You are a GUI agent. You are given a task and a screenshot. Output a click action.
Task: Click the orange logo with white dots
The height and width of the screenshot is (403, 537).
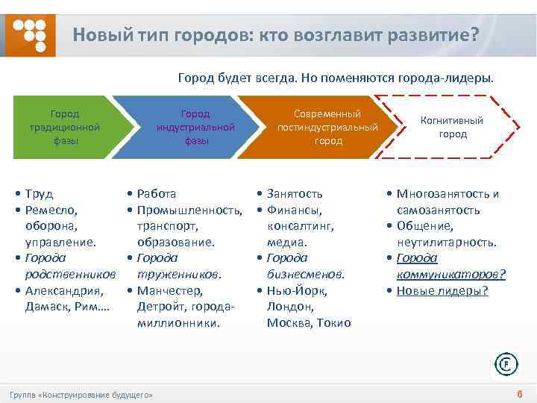tap(31, 34)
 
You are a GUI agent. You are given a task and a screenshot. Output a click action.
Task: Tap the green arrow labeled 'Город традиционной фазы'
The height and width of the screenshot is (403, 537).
tap(64, 128)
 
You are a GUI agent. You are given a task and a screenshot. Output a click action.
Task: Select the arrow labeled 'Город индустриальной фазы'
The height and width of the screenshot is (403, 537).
tap(195, 128)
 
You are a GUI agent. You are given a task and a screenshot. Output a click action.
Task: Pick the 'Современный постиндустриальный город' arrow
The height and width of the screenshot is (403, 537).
tap(327, 128)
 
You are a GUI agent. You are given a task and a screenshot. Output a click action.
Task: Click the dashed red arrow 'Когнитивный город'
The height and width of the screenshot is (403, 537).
tap(452, 128)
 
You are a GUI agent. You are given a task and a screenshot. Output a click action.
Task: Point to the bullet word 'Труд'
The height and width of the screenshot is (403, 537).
tap(39, 193)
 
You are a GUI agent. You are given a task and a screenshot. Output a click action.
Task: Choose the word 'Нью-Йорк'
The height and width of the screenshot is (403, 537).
tap(297, 290)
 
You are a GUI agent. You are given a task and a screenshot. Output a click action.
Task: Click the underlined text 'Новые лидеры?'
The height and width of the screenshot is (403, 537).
tap(442, 290)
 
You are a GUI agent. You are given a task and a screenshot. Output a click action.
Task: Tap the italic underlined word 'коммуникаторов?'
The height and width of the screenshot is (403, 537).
tap(450, 274)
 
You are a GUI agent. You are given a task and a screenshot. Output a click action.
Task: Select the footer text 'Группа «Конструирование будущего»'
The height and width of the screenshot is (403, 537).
tap(81, 394)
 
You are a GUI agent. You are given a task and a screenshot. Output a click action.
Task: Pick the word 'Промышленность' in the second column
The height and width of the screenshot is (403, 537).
tap(189, 210)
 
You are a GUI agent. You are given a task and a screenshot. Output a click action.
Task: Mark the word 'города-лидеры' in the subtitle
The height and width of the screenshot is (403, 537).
tap(453, 77)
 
